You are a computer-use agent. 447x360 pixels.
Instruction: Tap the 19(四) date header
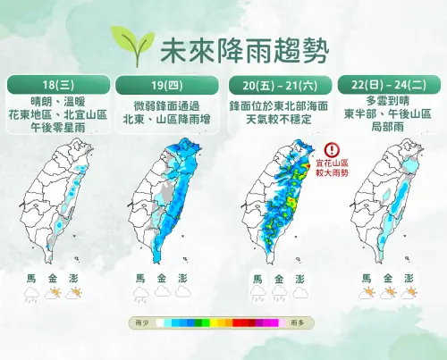click(167, 85)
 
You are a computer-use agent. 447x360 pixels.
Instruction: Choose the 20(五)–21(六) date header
click(277, 85)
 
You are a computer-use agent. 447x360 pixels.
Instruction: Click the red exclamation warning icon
click(333, 150)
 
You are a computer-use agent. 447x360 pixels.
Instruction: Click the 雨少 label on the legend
click(141, 323)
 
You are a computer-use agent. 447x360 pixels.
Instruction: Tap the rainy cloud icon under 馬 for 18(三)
click(30, 294)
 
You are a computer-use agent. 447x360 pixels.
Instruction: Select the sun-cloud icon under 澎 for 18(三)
click(75, 294)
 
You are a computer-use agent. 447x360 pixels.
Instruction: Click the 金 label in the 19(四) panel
click(162, 278)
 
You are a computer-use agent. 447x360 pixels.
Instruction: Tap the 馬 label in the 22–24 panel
click(367, 278)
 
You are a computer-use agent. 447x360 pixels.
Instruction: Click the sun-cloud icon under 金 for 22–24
click(389, 293)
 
